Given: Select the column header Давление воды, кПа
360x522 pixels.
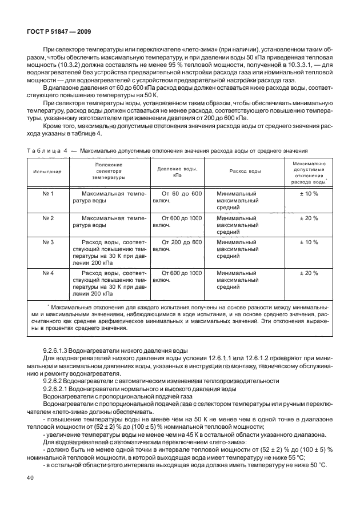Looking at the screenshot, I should (177, 171).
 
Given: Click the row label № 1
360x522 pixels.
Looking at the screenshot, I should (49, 194).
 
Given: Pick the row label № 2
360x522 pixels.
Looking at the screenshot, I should (49, 218).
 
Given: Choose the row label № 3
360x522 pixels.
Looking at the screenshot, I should (49, 242).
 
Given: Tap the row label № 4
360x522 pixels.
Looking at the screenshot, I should (49, 273).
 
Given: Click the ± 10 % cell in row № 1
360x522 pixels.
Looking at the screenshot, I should (309, 194).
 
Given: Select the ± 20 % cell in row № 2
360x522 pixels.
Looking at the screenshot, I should (309, 218).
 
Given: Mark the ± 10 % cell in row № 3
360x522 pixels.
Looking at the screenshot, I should (309, 242).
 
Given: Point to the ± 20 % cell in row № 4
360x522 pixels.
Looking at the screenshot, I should (309, 273).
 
